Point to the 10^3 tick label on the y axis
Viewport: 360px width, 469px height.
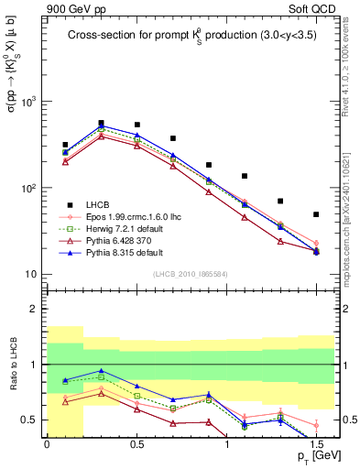29,102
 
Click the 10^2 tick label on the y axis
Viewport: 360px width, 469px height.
29,189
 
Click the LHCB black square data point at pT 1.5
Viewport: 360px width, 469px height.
316,214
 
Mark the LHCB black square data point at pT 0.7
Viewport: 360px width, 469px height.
172,138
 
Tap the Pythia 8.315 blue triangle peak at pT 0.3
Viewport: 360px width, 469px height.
101,126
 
